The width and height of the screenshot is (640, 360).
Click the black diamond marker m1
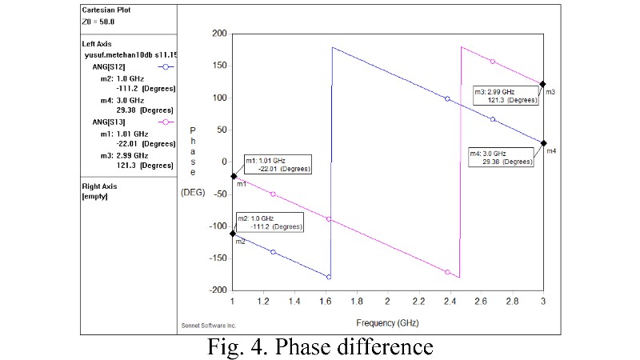pyautogui.click(x=233, y=176)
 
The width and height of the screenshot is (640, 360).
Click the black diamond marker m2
pyautogui.click(x=233, y=234)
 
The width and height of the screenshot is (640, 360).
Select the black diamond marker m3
pyautogui.click(x=543, y=84)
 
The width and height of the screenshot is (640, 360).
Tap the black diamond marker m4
pyautogui.click(x=543, y=143)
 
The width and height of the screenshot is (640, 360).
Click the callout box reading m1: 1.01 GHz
pyautogui.click(x=277, y=164)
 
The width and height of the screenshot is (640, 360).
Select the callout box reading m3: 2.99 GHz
pyautogui.click(x=505, y=95)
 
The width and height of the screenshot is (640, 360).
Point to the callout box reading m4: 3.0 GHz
pyautogui.click(x=501, y=157)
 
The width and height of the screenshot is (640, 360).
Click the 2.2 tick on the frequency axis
pyautogui.click(x=418, y=302)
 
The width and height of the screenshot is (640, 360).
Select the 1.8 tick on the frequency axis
pyautogui.click(x=357, y=302)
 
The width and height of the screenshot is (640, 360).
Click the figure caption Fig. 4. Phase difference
pyautogui.click(x=320, y=347)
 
